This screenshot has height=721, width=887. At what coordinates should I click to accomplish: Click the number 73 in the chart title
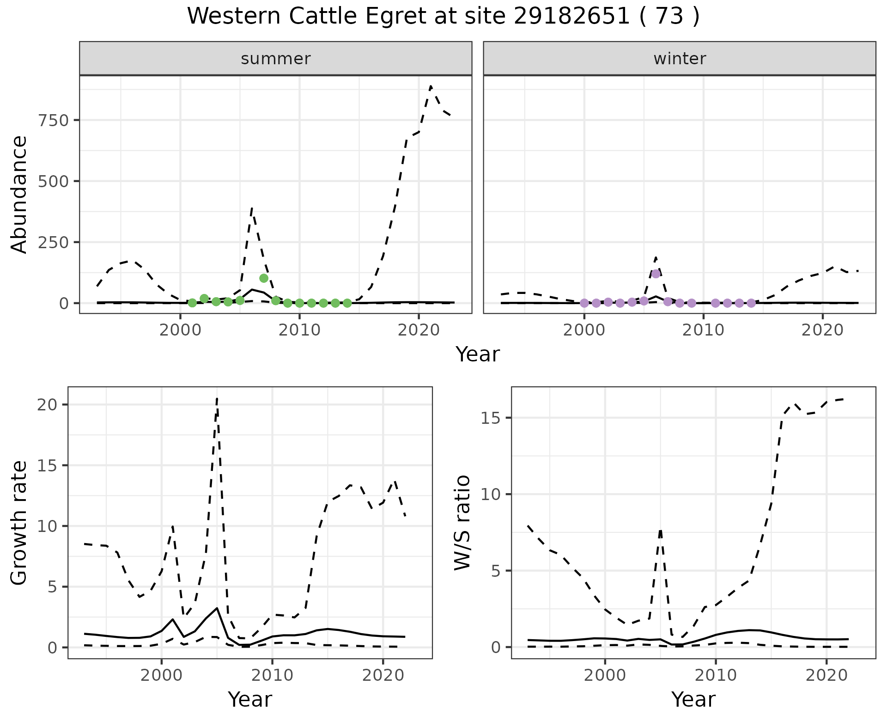(669, 17)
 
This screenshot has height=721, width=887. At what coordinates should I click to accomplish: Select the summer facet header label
(276, 59)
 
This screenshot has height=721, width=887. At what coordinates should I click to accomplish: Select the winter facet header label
(680, 59)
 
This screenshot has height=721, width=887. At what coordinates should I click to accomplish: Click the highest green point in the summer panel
(264, 278)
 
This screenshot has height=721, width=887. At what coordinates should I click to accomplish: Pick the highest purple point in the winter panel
(656, 274)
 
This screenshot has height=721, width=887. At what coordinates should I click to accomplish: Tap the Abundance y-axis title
(19, 195)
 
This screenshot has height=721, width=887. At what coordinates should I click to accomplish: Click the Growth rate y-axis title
(19, 522)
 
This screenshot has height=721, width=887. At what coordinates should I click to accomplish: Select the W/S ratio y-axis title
(462, 522)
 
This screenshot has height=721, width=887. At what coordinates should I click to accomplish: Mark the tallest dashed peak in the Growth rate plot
(217, 398)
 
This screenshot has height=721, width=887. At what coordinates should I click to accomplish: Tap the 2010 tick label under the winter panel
(703, 330)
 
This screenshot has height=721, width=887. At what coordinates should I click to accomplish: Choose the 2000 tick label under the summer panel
(180, 330)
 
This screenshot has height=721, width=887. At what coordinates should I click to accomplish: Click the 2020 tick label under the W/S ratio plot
(826, 675)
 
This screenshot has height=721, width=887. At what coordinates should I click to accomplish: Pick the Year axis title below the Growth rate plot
(250, 700)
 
